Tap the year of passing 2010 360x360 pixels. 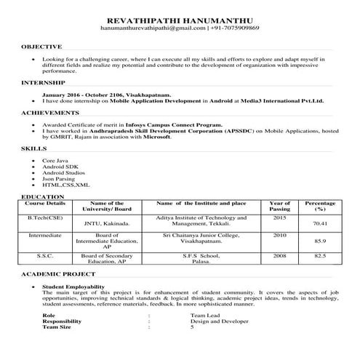click(x=280, y=236)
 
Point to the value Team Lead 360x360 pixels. click(x=203, y=316)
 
